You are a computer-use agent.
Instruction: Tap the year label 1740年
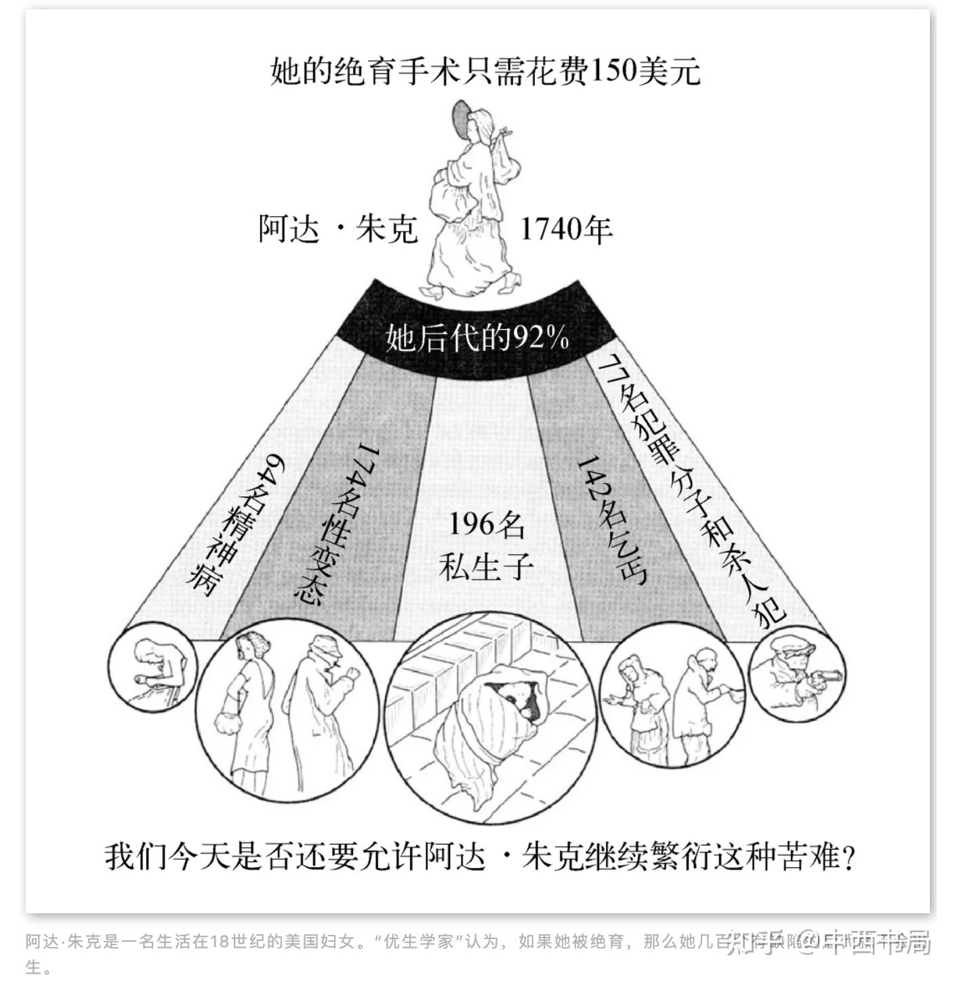(566, 230)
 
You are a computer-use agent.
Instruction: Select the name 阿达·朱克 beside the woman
(337, 229)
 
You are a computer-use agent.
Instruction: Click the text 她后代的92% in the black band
(476, 337)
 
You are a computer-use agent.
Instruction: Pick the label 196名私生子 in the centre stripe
(483, 545)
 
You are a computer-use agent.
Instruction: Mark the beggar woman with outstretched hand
(640, 705)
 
